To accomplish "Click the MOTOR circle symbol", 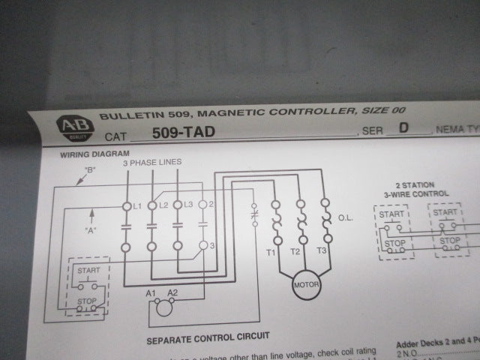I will [307, 285].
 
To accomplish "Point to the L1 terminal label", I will [136, 205].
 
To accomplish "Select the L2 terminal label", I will [163, 204].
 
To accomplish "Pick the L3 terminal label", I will [189, 204].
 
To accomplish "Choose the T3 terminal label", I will [322, 250].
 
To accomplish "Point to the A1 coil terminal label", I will [150, 292].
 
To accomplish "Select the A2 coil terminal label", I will [172, 292].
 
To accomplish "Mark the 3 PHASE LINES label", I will [152, 161].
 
